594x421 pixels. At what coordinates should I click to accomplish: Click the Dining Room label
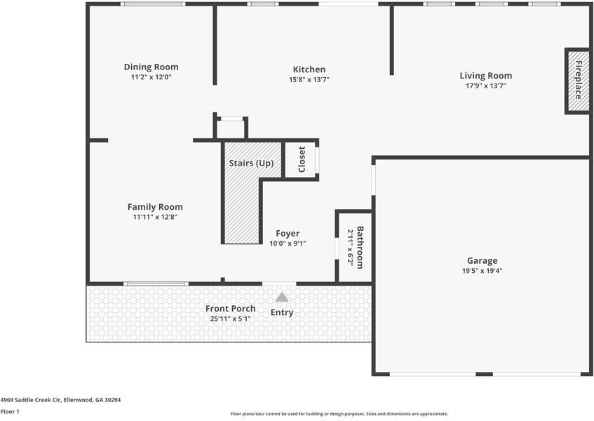click(151, 67)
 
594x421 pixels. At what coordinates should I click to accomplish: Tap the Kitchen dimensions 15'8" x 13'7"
click(309, 79)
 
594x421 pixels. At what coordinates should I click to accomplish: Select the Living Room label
click(486, 76)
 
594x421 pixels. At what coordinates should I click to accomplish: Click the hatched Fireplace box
click(578, 81)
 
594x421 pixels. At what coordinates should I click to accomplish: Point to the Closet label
click(302, 159)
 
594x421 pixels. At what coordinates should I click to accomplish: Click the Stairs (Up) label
click(251, 163)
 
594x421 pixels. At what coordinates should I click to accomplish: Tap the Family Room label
click(155, 207)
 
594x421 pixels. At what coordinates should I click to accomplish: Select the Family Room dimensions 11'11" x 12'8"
click(155, 217)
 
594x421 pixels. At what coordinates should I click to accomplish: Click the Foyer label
click(288, 234)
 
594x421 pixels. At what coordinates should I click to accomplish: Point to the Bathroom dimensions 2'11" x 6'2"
click(351, 248)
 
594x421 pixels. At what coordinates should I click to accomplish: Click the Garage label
click(482, 261)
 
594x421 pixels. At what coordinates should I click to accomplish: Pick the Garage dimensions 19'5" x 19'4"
click(482, 271)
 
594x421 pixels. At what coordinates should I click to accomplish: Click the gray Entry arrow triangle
click(282, 297)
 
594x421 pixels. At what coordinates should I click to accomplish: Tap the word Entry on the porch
click(282, 313)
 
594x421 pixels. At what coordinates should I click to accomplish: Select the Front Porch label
click(230, 309)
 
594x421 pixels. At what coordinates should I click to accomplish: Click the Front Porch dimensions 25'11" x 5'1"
click(230, 319)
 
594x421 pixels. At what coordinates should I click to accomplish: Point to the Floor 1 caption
click(10, 411)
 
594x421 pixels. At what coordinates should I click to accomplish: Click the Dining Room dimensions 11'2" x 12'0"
click(151, 77)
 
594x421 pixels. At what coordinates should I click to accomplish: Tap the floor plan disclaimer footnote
click(339, 414)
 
